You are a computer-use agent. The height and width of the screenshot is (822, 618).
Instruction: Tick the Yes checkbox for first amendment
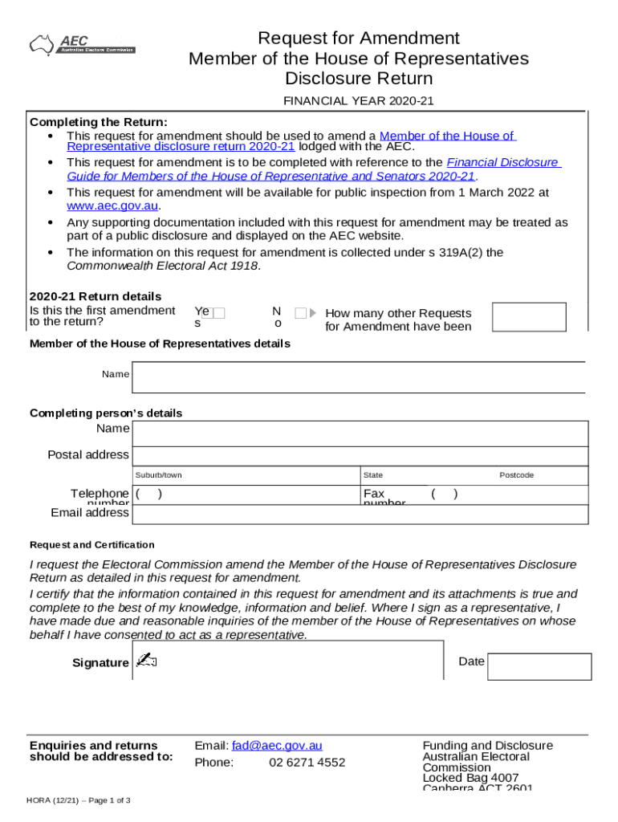219,313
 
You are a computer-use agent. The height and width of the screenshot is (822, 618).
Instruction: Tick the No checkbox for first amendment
300,313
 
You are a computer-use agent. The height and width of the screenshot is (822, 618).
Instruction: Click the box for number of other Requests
528,317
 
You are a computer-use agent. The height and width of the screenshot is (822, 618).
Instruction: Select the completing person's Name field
360,434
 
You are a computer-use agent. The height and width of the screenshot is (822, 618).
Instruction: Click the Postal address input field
360,455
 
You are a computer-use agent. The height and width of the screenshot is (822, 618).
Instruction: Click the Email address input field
360,513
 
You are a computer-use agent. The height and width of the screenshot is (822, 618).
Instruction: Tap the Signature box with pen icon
287,661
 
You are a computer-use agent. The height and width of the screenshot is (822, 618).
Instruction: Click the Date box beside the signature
539,666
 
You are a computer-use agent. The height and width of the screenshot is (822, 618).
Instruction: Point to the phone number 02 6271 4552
307,763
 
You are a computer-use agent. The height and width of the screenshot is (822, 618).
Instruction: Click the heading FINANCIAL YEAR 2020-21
358,101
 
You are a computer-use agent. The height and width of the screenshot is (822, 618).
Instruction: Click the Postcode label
516,475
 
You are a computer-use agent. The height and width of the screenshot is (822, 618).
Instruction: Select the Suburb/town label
158,475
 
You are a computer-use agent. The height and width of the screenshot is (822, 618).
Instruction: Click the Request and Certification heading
91,544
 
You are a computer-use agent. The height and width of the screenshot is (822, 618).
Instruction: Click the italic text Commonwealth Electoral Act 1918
163,266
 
